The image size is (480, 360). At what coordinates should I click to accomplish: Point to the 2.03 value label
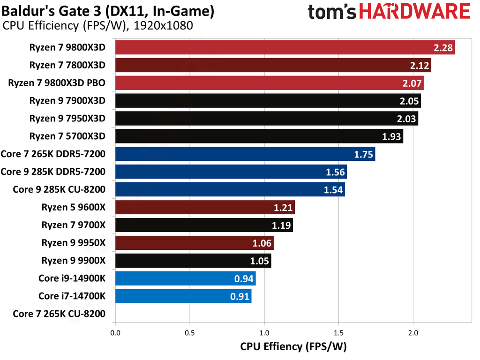pyautogui.click(x=406, y=119)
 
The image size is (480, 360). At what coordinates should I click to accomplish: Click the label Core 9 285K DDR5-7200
pyautogui.click(x=53, y=172)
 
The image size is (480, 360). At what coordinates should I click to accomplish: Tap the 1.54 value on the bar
pyautogui.click(x=333, y=190)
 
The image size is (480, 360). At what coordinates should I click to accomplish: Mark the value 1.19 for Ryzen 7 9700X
pyautogui.click(x=281, y=225)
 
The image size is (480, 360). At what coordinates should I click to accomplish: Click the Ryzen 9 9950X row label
pyautogui.click(x=73, y=243)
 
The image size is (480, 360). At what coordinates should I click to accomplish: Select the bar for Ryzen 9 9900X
pyautogui.click(x=193, y=261)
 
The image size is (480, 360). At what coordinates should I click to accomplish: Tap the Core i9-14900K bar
pyautogui.click(x=185, y=279)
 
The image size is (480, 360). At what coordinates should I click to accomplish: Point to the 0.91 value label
pyautogui.click(x=240, y=297)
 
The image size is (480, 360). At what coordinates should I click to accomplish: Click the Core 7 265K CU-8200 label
pyautogui.click(x=59, y=315)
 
